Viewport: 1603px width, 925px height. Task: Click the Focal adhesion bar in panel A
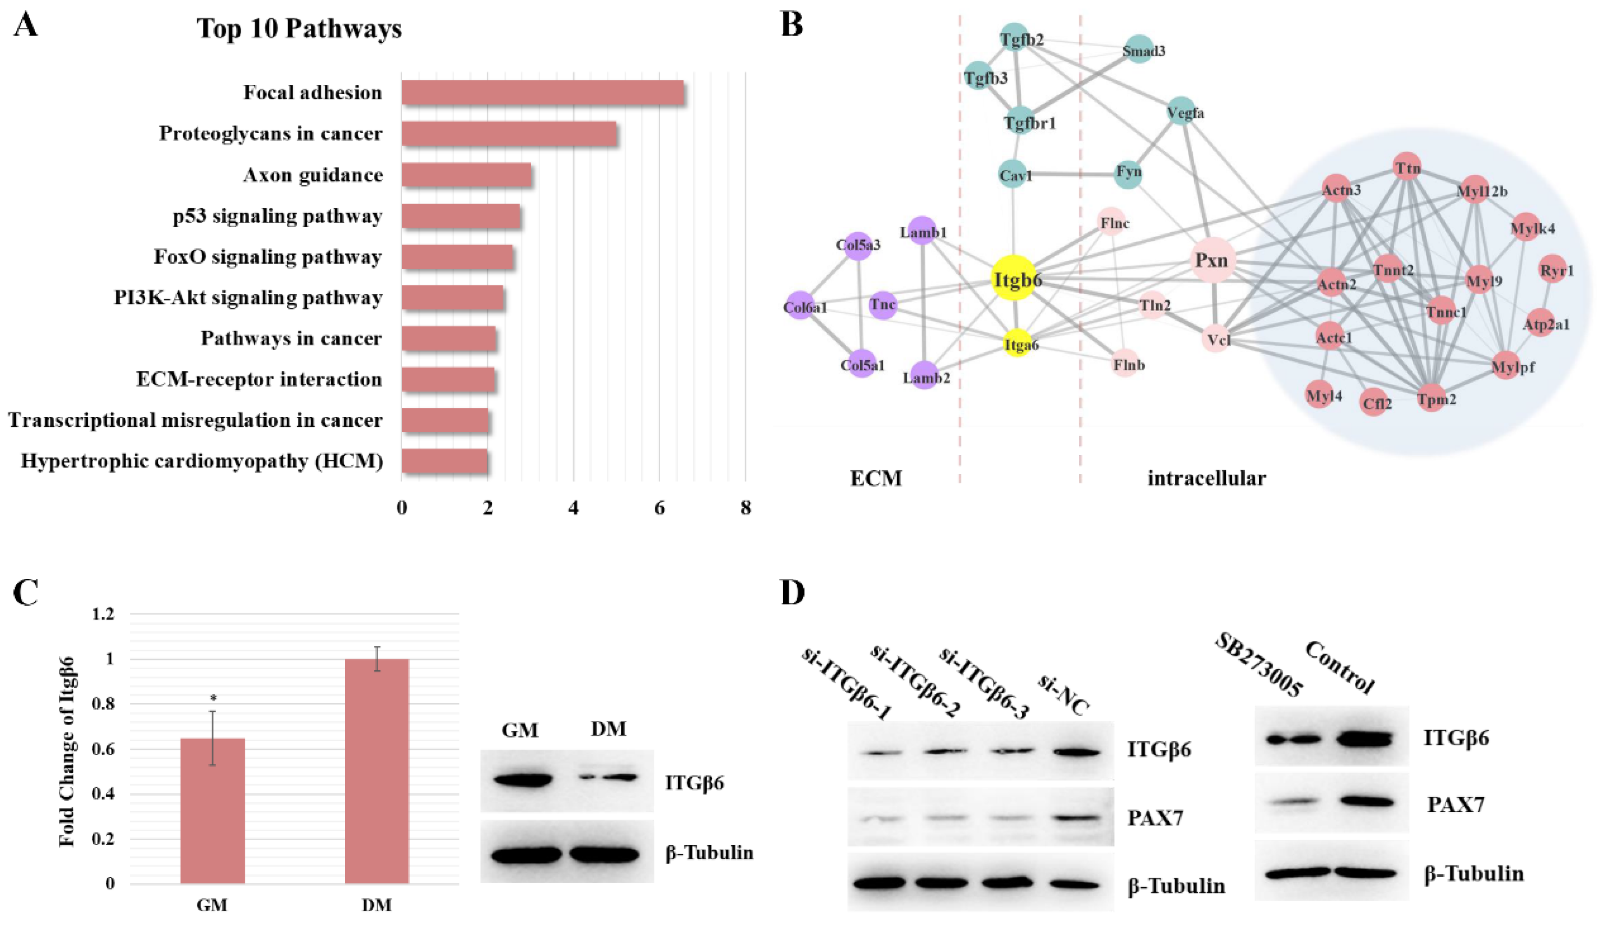[542, 93]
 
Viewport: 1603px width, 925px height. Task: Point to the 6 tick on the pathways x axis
[659, 508]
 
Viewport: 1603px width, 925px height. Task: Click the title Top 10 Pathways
[298, 29]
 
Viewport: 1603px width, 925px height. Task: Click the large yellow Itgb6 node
[1014, 278]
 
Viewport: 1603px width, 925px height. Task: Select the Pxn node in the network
[1212, 260]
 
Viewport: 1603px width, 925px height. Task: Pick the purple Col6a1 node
[800, 306]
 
